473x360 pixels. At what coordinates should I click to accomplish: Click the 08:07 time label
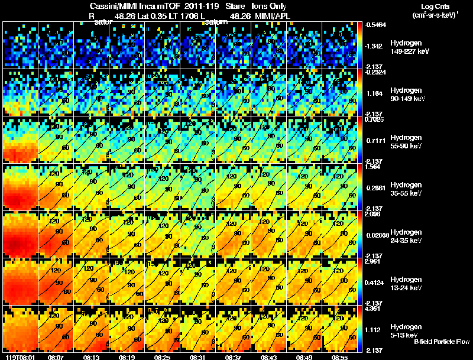click(56, 357)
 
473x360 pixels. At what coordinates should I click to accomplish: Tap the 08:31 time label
click(198, 357)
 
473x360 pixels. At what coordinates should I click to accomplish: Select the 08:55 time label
click(340, 357)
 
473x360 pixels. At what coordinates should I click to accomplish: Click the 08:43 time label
click(269, 357)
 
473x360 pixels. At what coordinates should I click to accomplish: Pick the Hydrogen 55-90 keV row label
click(407, 142)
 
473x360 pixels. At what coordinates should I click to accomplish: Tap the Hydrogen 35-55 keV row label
click(407, 189)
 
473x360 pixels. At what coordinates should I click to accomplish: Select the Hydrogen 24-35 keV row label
click(407, 236)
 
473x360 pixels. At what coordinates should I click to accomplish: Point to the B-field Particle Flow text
click(442, 342)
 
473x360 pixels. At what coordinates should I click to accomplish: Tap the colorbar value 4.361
click(372, 308)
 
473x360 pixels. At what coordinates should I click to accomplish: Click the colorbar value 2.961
click(372, 261)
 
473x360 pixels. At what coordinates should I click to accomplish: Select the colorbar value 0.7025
click(373, 119)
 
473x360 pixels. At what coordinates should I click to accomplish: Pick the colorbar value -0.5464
click(374, 25)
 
